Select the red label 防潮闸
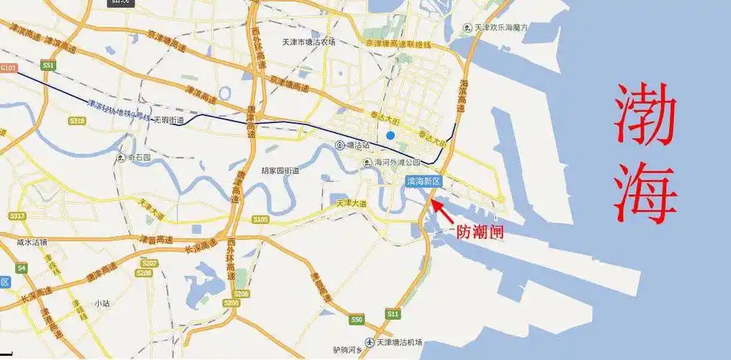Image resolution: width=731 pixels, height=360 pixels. click(480, 232)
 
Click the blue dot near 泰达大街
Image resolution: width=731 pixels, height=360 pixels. click(390, 135)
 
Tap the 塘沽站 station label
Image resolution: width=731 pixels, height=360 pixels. click(353, 145)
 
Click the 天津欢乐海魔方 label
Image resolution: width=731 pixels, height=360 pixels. click(500, 27)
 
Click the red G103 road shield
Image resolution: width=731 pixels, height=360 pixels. click(8, 68)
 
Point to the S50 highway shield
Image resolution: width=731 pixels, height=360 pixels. click(356, 318)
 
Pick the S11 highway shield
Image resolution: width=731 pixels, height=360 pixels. click(393, 315)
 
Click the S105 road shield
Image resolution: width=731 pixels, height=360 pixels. click(261, 219)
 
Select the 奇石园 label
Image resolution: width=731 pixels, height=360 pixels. click(134, 156)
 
